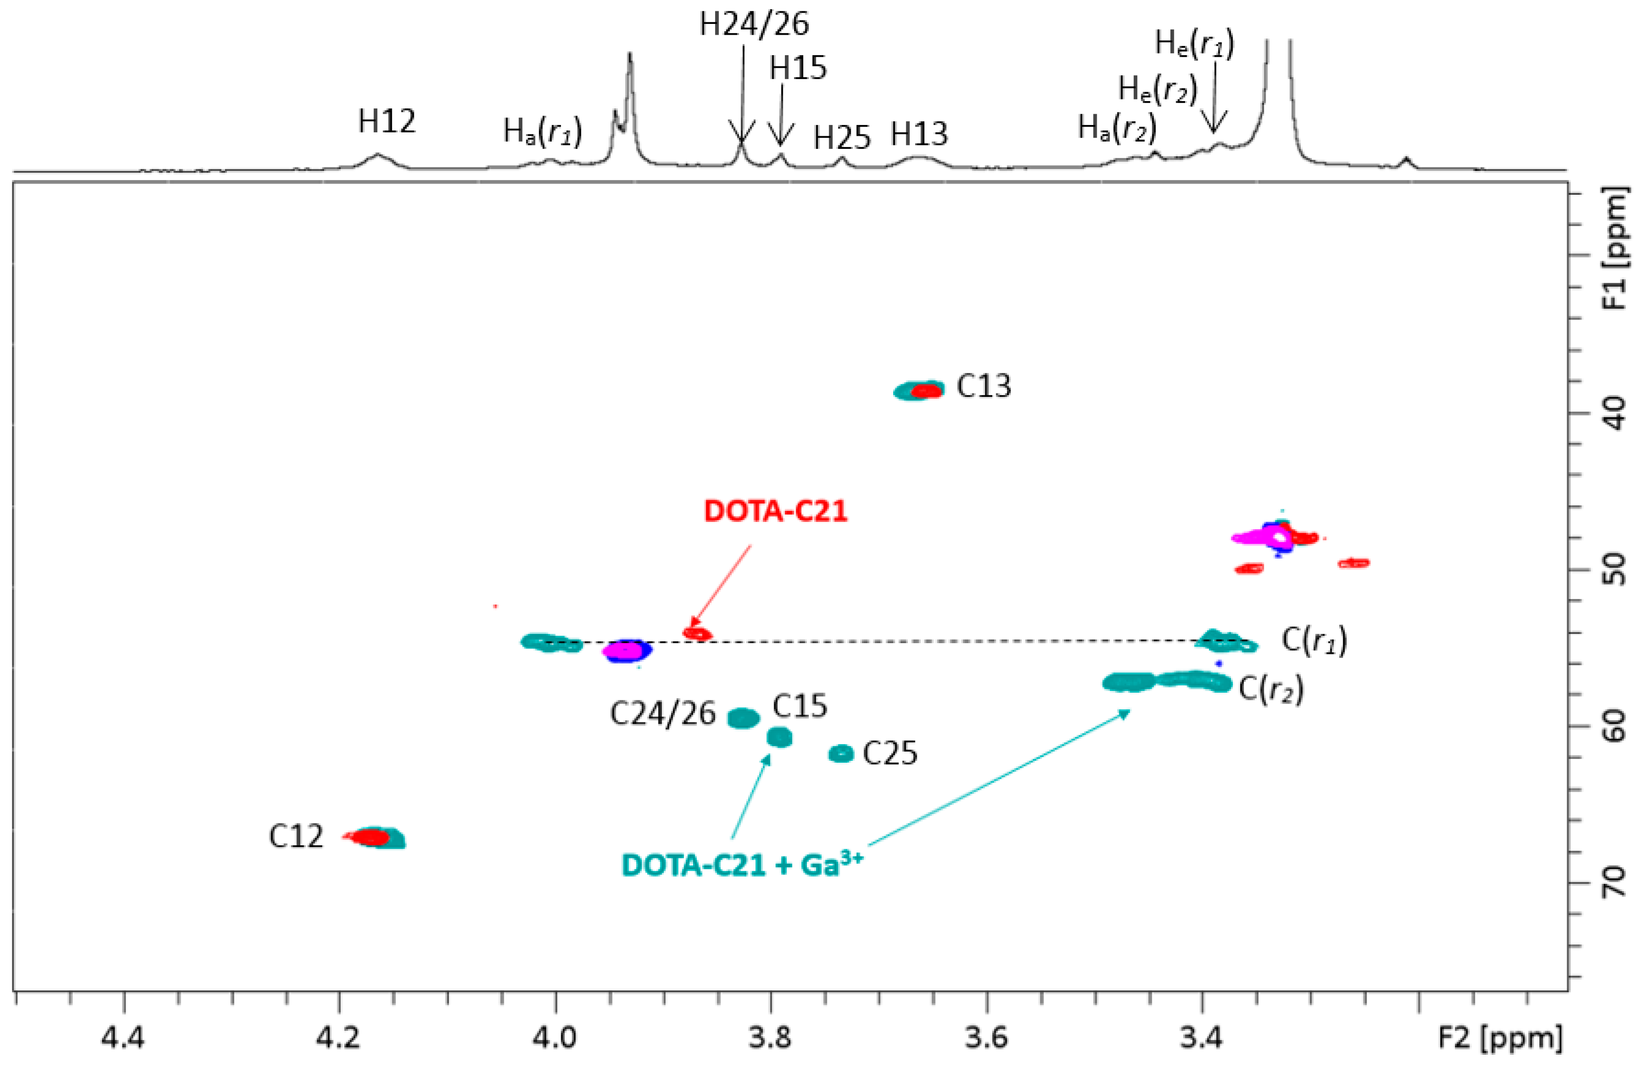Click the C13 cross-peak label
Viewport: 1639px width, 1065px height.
pos(983,386)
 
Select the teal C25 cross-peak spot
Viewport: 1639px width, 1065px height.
pos(841,753)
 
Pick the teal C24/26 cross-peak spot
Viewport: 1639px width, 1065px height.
pos(743,718)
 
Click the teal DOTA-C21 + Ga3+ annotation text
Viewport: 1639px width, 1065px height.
pos(742,864)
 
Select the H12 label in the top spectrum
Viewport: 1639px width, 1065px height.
pos(387,122)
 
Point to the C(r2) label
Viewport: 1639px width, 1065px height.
pos(1270,689)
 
